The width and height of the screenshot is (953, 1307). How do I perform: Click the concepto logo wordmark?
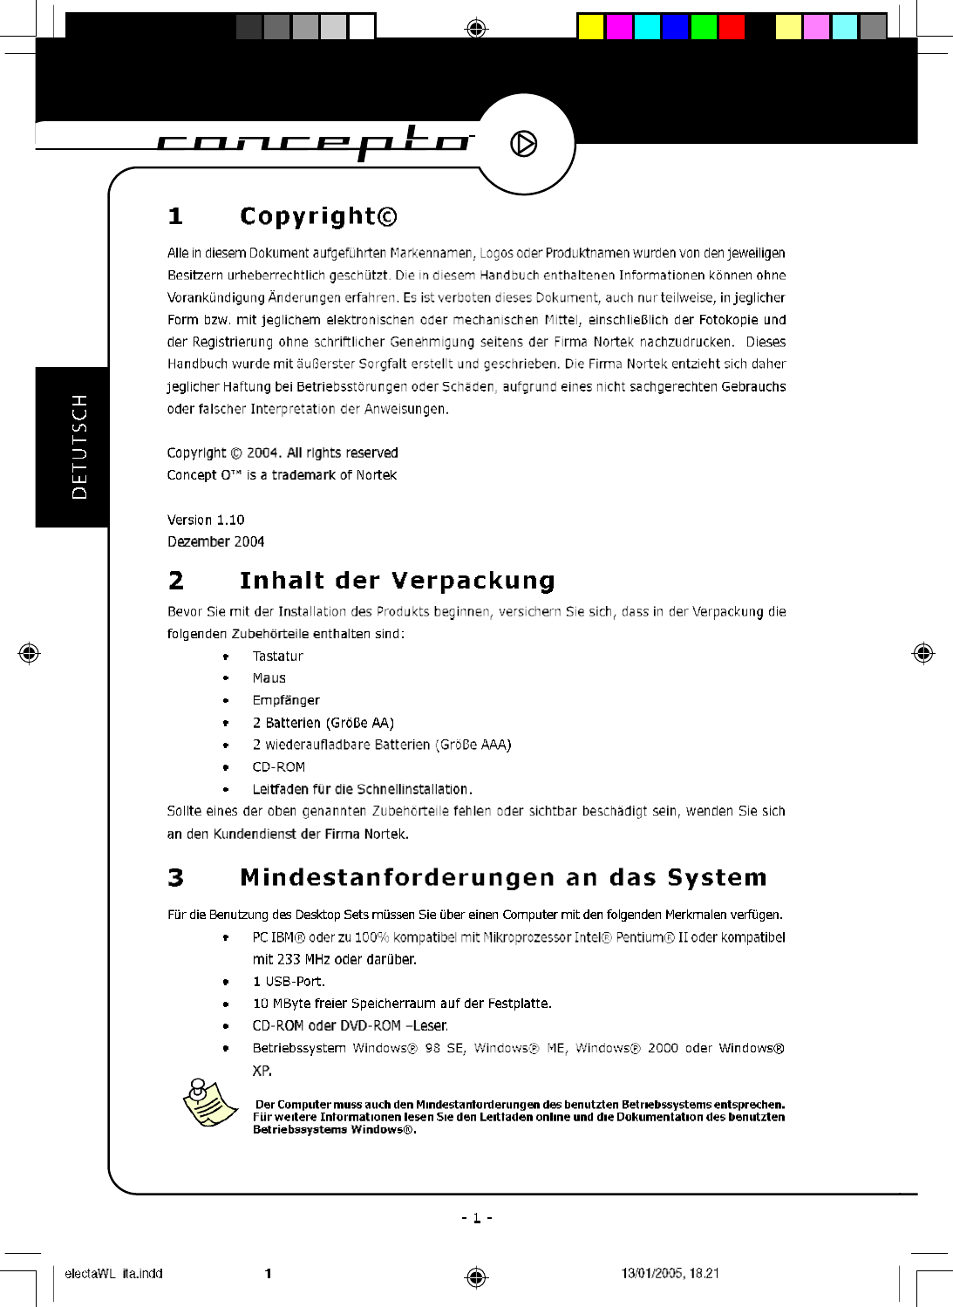(x=314, y=142)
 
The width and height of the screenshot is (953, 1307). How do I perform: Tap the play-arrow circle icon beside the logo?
(x=523, y=144)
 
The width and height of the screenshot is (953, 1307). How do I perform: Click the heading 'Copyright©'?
(x=318, y=215)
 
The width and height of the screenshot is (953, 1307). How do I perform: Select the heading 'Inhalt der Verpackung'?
(x=397, y=581)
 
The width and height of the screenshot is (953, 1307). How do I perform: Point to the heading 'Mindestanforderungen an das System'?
(x=503, y=877)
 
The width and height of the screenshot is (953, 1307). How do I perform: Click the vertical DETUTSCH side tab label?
(x=79, y=446)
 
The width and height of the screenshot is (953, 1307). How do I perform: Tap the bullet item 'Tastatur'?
(x=278, y=656)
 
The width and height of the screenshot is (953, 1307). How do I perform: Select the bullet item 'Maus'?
(x=269, y=677)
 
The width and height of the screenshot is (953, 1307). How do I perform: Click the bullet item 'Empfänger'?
(x=286, y=700)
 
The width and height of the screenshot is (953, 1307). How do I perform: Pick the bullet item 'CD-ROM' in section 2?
(x=279, y=767)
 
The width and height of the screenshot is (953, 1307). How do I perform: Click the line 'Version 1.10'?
(x=206, y=520)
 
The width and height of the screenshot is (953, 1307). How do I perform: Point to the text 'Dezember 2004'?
(x=215, y=541)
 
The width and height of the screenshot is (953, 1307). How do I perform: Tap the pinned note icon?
(x=210, y=1102)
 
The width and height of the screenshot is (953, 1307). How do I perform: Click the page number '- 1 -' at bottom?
(x=477, y=1218)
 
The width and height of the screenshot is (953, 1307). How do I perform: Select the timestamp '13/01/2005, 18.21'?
(x=670, y=1273)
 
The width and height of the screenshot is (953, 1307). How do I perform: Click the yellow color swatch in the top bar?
(x=591, y=27)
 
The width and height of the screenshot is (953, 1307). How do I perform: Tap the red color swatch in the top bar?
(x=732, y=27)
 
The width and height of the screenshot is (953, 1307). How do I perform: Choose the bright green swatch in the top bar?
(x=704, y=27)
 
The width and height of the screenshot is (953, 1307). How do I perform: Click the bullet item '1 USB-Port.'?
(x=289, y=981)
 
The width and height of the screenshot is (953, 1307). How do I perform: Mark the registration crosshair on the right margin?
(x=923, y=653)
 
